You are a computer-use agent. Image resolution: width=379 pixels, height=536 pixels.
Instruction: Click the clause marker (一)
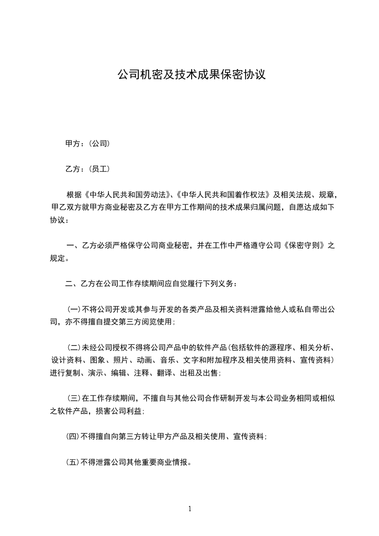(74, 310)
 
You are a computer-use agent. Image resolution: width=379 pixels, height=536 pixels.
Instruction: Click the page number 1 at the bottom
(190, 508)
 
